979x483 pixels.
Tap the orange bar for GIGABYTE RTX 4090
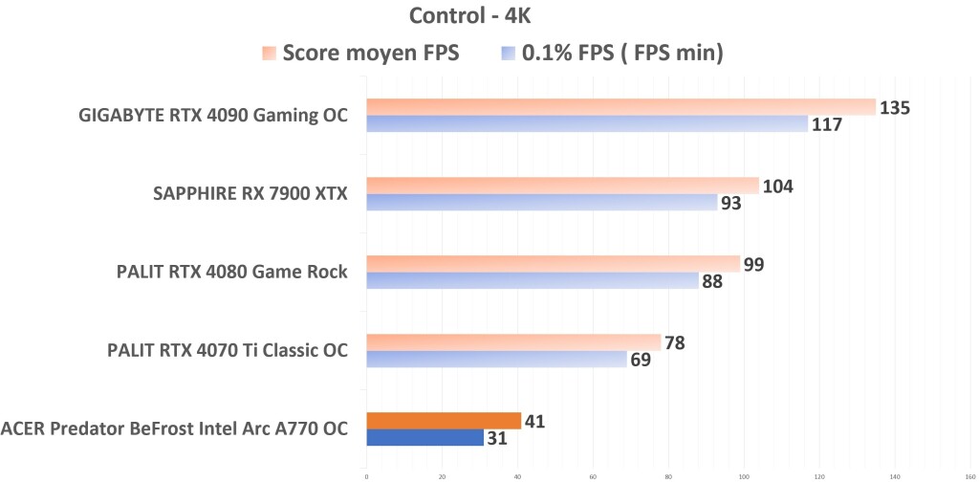pos(621,107)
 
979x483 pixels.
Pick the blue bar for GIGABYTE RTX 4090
pos(587,124)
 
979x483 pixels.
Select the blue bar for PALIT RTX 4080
pos(533,281)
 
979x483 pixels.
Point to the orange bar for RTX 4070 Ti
pos(513,342)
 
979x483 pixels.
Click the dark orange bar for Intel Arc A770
pos(444,421)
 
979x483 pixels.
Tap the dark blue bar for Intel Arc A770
pos(424,438)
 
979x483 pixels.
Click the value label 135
pos(894,108)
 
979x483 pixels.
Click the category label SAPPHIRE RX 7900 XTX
pos(250,195)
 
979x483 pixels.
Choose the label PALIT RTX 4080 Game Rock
pos(231,274)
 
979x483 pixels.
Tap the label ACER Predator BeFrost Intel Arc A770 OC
pos(174,429)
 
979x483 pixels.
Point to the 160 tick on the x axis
pos(969,475)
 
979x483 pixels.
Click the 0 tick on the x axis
pos(366,475)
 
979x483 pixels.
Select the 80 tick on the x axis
pos(668,475)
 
